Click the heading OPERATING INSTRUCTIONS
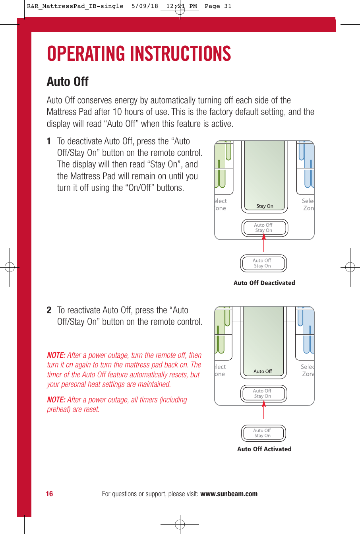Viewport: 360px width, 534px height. tap(139, 54)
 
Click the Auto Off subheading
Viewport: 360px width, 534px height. tap(68, 82)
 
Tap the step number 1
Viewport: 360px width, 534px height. tap(49, 141)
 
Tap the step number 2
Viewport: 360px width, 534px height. tap(49, 310)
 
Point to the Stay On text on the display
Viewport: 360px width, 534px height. tap(265, 206)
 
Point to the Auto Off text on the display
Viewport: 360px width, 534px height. tap(263, 371)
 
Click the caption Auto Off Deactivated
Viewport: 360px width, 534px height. tap(264, 283)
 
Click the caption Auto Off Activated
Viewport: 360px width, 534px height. tap(264, 449)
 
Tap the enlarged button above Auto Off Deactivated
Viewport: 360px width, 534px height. tap(263, 263)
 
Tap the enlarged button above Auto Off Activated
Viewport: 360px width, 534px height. tap(263, 433)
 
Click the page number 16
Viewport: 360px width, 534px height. tap(49, 494)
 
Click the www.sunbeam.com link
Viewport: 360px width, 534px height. tap(229, 494)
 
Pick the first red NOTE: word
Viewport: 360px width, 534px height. tap(56, 355)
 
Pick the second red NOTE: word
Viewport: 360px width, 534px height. tap(56, 400)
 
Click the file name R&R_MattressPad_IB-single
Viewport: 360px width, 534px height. tap(75, 6)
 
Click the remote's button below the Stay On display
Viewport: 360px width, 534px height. tap(264, 228)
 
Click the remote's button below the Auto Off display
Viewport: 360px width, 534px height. tap(263, 394)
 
